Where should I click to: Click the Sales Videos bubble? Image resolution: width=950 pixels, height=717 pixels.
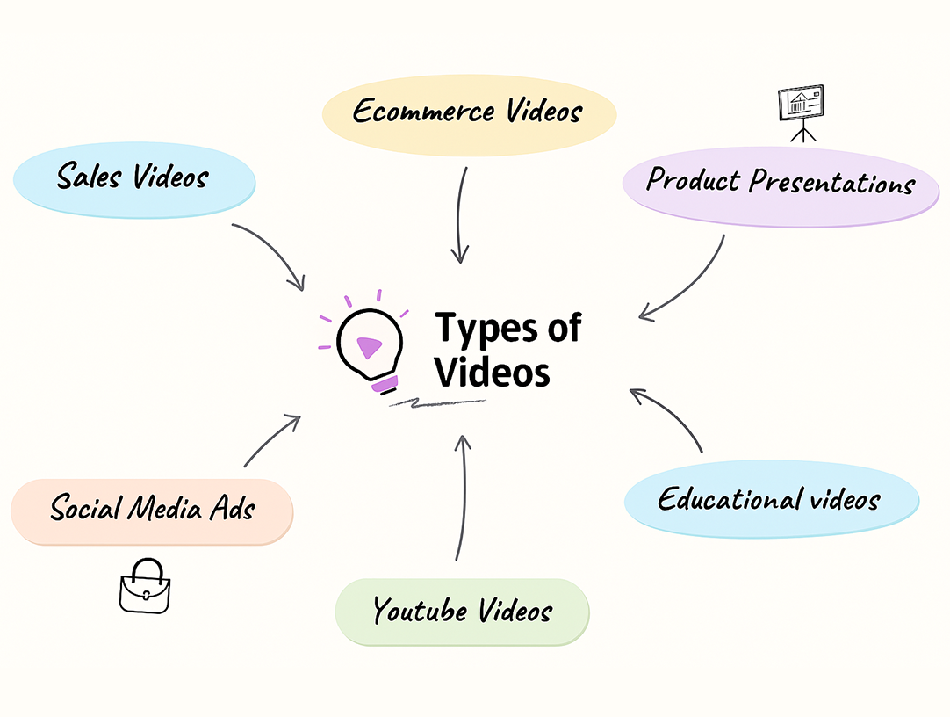(133, 178)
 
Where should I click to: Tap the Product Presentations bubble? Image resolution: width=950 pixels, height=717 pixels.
(781, 185)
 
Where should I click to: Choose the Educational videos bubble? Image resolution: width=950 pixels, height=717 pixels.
(770, 500)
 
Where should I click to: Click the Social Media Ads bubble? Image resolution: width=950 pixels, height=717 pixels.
(151, 510)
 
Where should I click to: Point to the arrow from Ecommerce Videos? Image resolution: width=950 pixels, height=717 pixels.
(460, 215)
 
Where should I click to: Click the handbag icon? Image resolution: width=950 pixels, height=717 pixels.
(144, 588)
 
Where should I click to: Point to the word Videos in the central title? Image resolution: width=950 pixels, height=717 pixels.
(493, 372)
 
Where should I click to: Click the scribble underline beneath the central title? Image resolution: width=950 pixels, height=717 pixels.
(437, 403)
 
